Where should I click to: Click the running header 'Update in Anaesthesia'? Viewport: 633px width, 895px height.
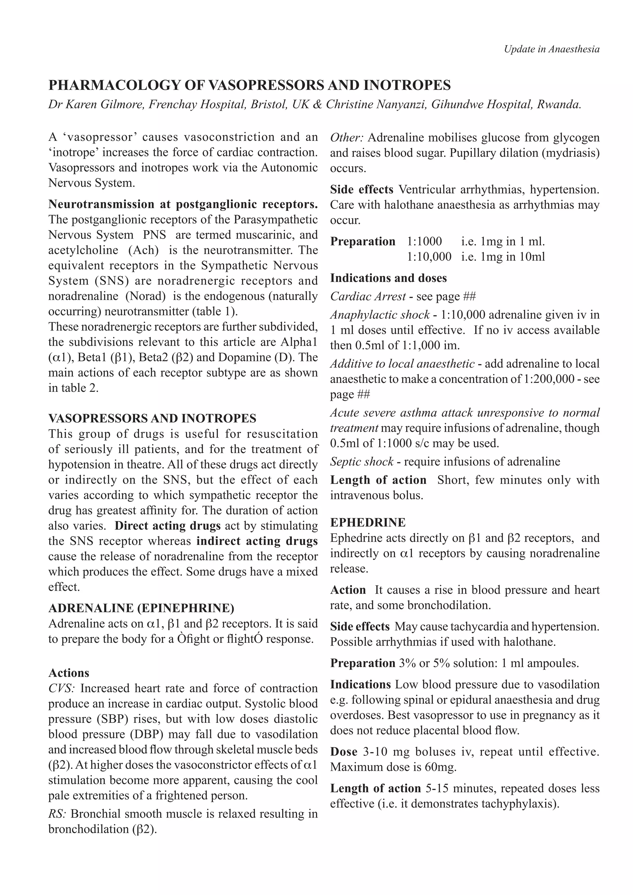click(x=551, y=49)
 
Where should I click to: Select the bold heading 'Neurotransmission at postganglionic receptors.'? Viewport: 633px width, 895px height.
click(x=183, y=204)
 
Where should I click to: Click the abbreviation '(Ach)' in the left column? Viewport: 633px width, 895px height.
click(x=146, y=250)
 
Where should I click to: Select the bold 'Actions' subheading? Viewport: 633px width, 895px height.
click(x=69, y=673)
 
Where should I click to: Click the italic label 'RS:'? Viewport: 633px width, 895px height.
click(x=57, y=814)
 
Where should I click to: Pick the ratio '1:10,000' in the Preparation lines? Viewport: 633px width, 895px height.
click(x=429, y=257)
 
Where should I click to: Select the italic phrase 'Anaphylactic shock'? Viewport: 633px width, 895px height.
click(x=380, y=315)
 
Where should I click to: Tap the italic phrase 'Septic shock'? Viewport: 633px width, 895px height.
click(x=362, y=461)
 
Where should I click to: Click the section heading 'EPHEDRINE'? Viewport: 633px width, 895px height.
click(x=368, y=522)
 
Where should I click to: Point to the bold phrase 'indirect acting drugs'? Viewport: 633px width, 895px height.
click(x=257, y=541)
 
